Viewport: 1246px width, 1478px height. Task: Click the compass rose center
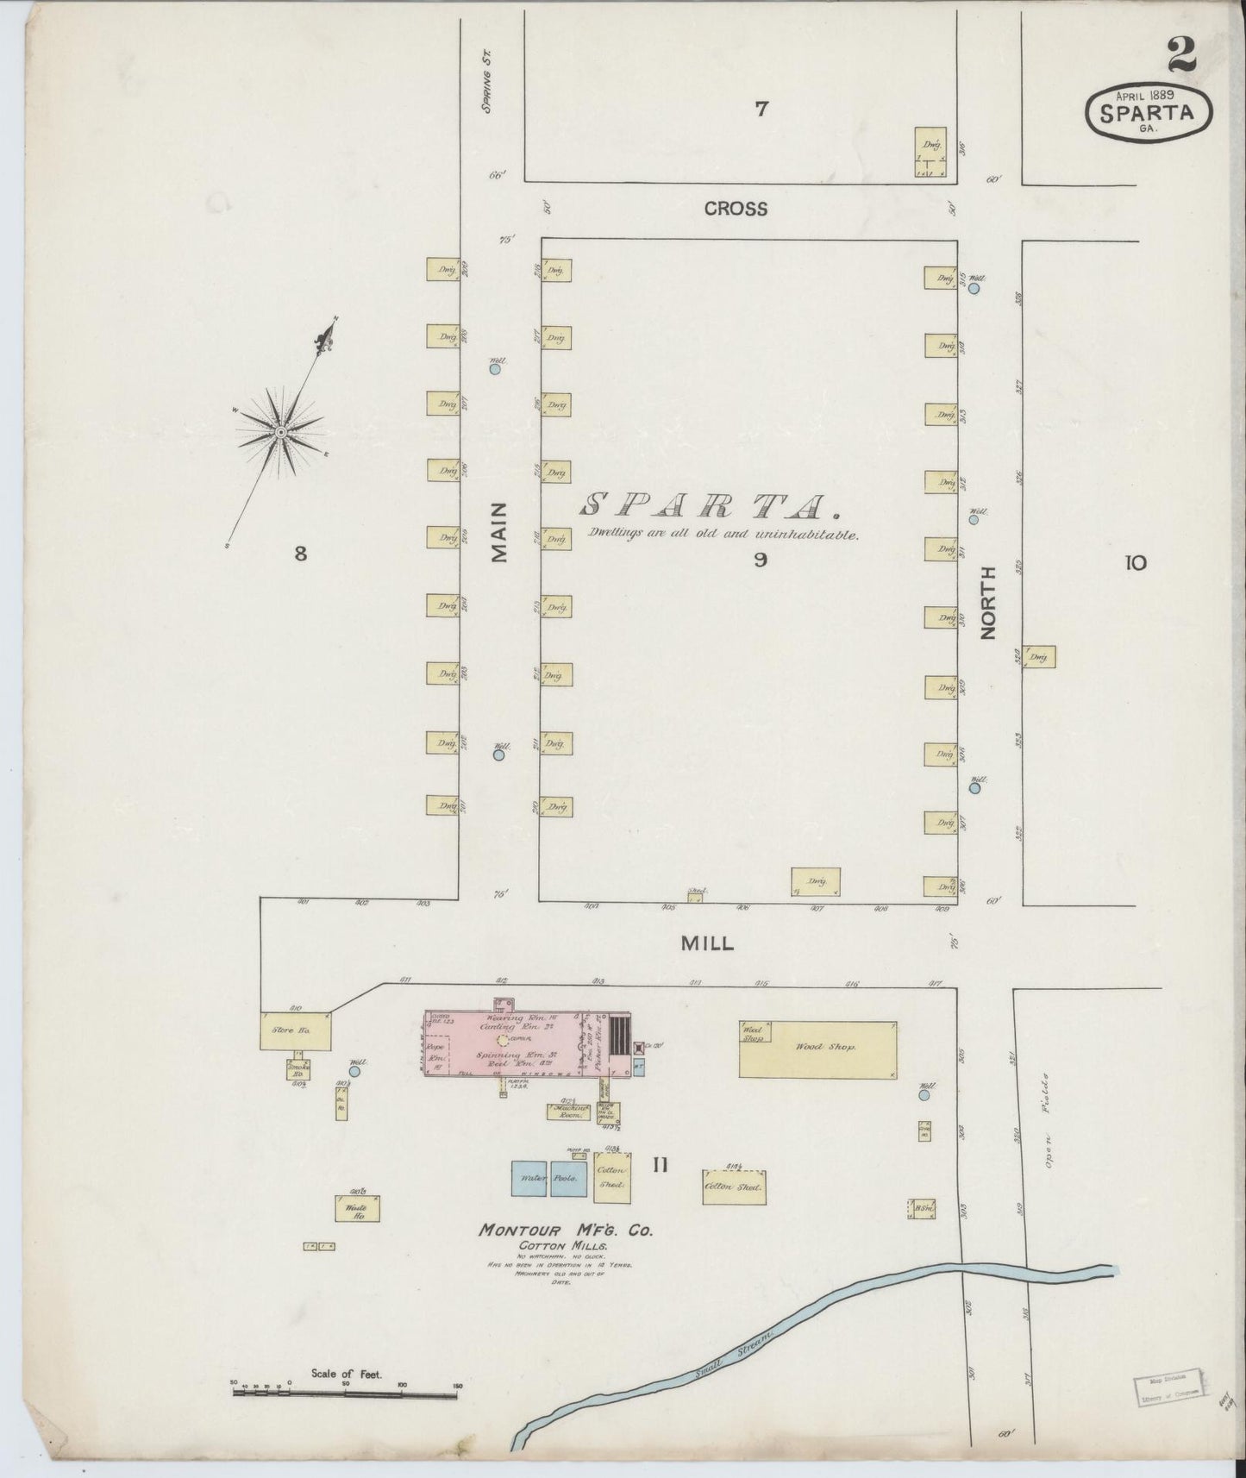(x=280, y=429)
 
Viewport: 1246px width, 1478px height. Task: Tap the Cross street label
(x=735, y=209)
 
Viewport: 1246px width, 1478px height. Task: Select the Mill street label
(x=707, y=943)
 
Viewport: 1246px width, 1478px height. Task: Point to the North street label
(x=988, y=602)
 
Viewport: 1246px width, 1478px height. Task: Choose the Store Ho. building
(x=294, y=1030)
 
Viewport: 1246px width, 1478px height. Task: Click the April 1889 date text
(x=1149, y=92)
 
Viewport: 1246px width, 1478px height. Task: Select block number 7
(x=761, y=110)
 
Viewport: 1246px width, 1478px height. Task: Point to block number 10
(x=1135, y=563)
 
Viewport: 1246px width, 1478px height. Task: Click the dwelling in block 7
(x=930, y=153)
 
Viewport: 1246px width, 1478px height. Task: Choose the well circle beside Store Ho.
(x=354, y=1071)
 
